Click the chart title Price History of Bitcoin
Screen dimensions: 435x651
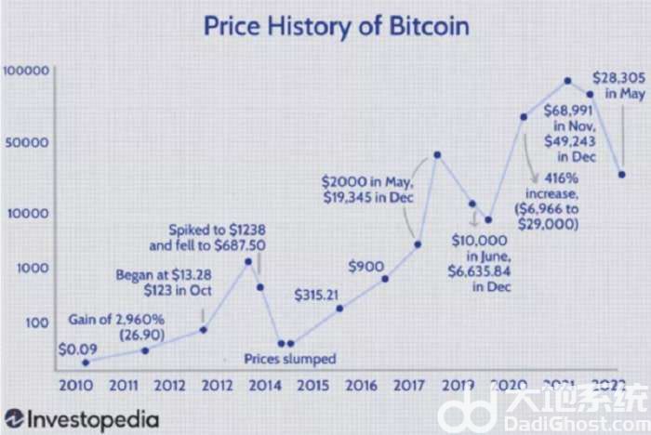click(x=337, y=26)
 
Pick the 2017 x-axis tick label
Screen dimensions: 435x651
click(x=408, y=384)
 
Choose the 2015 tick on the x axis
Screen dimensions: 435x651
click(x=312, y=384)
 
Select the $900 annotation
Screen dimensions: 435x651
click(x=366, y=267)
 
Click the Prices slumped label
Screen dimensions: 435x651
click(x=289, y=358)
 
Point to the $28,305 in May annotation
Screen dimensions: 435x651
click(x=619, y=85)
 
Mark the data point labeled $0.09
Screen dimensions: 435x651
click(x=85, y=362)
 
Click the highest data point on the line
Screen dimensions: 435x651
click(x=568, y=81)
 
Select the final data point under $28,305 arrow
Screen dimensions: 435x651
click(x=621, y=174)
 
